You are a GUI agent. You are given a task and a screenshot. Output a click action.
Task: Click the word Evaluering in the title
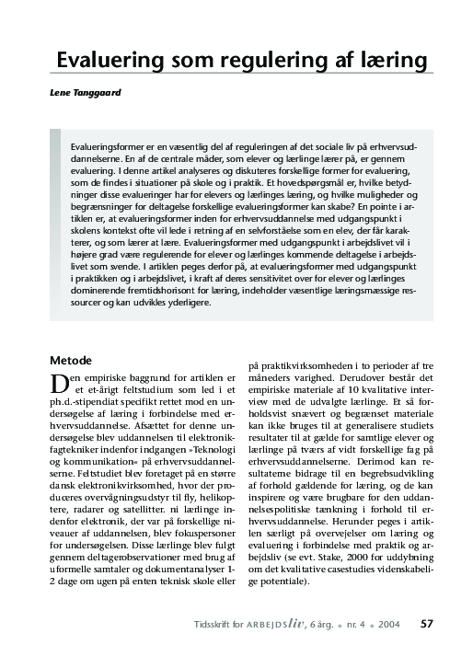coord(106,59)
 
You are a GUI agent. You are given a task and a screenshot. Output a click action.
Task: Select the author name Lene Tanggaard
coord(86,94)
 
